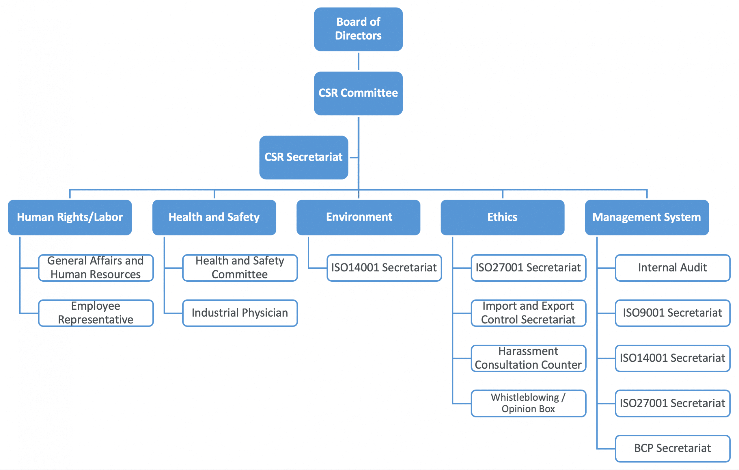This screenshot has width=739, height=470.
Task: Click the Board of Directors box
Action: (x=358, y=29)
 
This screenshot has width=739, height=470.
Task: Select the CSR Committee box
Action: (x=358, y=93)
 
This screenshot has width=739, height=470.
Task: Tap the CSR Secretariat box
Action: (x=303, y=157)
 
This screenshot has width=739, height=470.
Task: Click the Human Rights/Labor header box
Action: (x=70, y=217)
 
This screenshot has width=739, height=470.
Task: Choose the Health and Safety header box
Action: (x=214, y=217)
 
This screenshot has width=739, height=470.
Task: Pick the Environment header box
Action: (x=358, y=217)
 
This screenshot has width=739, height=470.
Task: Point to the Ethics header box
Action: (x=502, y=217)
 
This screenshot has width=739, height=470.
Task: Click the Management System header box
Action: (x=647, y=217)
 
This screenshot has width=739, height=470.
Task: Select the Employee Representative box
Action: (x=96, y=313)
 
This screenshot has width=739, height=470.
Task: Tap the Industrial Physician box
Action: (x=240, y=313)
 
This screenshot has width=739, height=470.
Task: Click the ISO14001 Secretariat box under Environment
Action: (x=384, y=267)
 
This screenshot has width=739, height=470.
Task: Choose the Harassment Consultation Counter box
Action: (x=528, y=358)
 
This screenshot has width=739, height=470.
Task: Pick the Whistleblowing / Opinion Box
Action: (x=528, y=403)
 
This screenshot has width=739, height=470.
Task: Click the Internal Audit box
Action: (x=672, y=267)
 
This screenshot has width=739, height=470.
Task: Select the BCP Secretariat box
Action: (x=672, y=449)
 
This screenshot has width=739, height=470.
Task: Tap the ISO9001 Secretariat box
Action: (x=672, y=313)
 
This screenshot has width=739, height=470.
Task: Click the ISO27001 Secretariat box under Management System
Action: (x=672, y=403)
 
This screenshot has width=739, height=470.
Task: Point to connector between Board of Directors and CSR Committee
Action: (x=359, y=62)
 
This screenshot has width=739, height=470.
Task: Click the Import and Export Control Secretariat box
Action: (x=528, y=313)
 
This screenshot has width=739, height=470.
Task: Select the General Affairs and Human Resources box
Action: (x=96, y=267)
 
